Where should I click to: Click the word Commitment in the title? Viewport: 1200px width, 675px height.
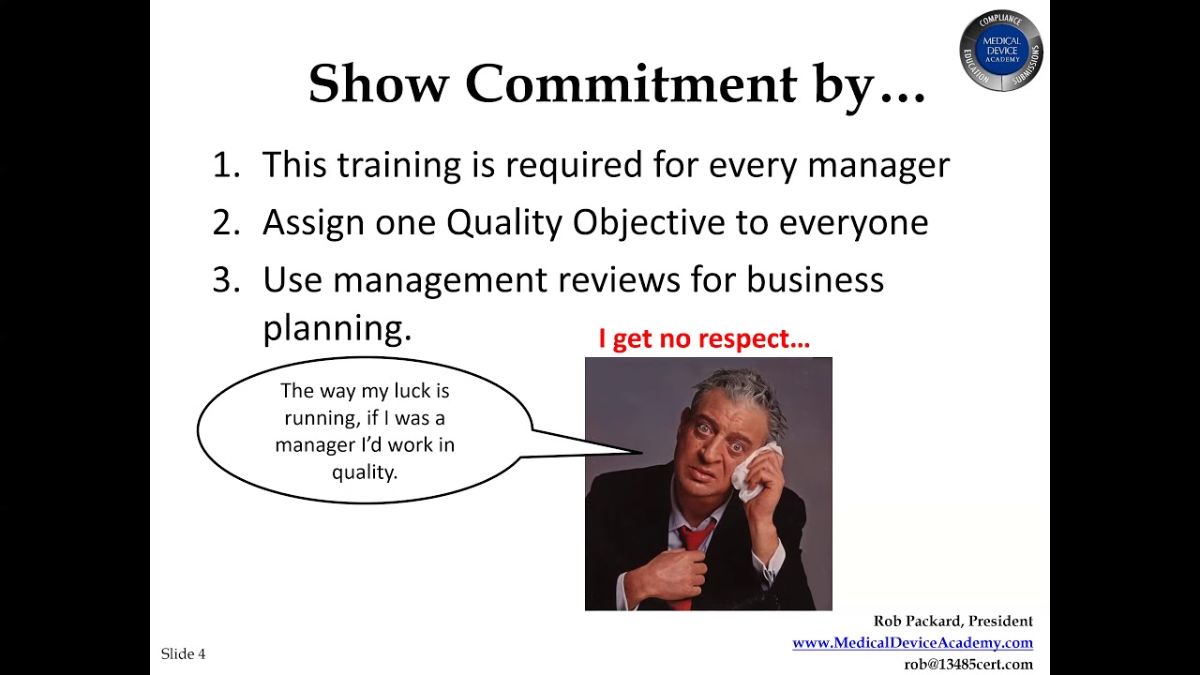point(631,83)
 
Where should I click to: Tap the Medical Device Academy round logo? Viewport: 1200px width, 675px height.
point(1001,51)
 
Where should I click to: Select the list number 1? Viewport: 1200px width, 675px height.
point(226,164)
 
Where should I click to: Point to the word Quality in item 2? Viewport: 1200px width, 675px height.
point(504,223)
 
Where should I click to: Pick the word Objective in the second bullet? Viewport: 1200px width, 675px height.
point(649,223)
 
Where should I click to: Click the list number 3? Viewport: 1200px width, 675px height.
point(226,279)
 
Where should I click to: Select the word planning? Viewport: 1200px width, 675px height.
point(337,328)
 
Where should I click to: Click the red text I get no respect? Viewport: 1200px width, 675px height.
point(704,338)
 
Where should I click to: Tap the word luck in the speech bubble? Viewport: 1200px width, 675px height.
point(412,391)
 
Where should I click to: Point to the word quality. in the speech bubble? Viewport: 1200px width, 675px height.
point(365,472)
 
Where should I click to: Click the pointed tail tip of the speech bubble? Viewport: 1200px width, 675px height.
point(642,453)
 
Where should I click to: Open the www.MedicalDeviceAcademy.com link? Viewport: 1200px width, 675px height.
point(913,642)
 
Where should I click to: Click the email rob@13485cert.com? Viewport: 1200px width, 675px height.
point(968,665)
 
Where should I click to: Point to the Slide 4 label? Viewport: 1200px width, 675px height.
point(183,653)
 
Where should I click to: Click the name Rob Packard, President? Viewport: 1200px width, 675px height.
point(953,621)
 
